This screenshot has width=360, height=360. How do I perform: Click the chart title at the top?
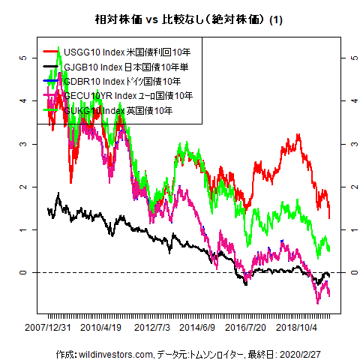179,18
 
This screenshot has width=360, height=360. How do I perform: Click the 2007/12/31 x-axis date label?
48,328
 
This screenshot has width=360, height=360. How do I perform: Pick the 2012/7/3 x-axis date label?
152,328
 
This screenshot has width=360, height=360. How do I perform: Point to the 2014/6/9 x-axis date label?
199,328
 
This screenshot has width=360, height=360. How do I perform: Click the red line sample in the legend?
51,52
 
